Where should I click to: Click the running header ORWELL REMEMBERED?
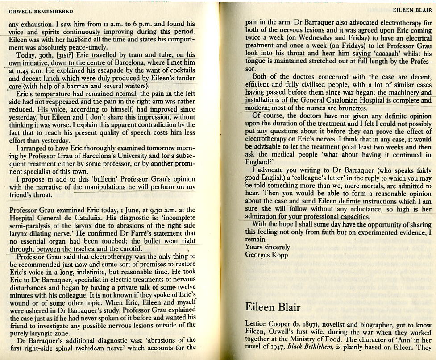(x=41, y=12)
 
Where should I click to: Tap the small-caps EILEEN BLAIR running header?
(x=412, y=9)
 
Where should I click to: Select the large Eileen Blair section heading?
(x=273, y=307)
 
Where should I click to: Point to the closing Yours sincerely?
(x=267, y=247)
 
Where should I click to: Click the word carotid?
(x=129, y=249)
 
